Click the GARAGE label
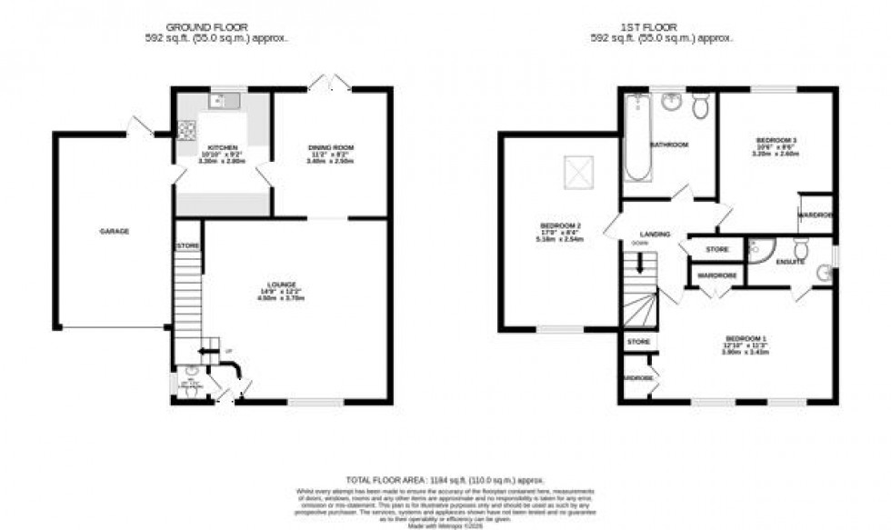tap(115, 232)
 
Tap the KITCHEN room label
tap(223, 147)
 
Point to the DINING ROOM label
tap(332, 147)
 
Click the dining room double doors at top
tap(328, 84)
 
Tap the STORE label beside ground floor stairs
tap(187, 246)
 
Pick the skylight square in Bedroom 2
tap(576, 173)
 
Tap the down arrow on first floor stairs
tap(641, 265)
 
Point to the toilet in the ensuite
tap(801, 247)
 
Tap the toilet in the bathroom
tap(701, 106)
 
